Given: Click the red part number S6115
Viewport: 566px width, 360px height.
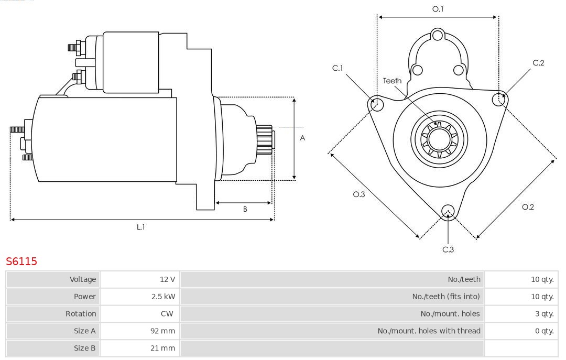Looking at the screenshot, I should coord(21,261).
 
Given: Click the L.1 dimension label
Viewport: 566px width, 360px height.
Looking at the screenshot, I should coord(141,227).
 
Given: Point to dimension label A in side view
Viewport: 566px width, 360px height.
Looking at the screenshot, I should coord(302,138).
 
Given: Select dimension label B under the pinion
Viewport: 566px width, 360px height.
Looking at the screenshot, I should coord(245,209).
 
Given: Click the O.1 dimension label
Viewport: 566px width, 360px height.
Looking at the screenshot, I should coord(438,9).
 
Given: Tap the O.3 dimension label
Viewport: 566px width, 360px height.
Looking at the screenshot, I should coord(359,194).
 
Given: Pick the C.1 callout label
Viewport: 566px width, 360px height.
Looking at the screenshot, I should coord(338,68).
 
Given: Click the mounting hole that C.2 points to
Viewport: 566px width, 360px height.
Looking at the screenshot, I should coord(498,99).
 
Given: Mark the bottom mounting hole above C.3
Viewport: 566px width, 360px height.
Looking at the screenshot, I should coord(448,211).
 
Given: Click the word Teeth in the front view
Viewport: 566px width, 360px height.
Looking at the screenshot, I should coord(392,81).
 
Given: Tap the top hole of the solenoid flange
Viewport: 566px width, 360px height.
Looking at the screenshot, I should coord(438,36).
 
